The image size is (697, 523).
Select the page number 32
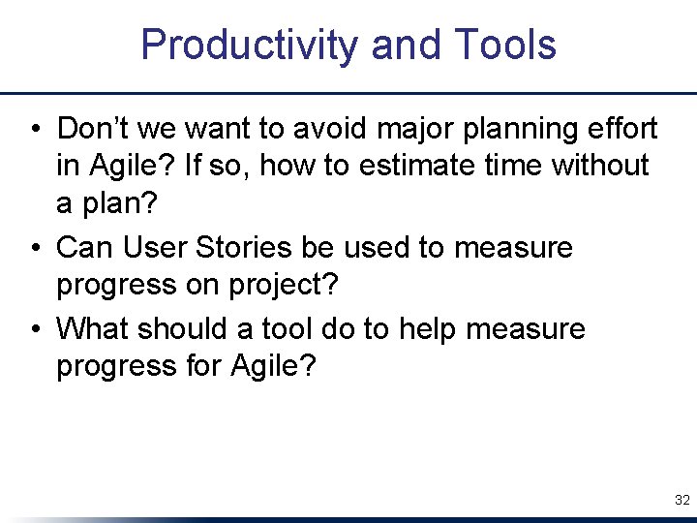click(x=682, y=501)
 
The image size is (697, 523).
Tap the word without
click(x=600, y=166)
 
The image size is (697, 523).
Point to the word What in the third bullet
click(x=93, y=328)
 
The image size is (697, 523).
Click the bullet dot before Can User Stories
click(x=34, y=248)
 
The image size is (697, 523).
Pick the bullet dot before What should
click(x=34, y=329)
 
